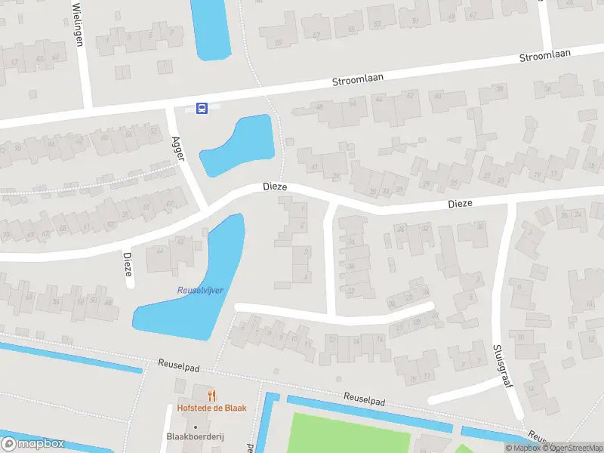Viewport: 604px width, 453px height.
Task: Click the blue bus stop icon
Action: pyautogui.click(x=202, y=109)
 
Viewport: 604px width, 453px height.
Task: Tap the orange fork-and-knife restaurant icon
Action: pyautogui.click(x=211, y=396)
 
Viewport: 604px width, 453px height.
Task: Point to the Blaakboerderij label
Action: pyautogui.click(x=196, y=437)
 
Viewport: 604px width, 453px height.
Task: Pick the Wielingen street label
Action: pyautogui.click(x=77, y=23)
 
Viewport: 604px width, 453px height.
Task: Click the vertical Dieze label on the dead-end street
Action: pyautogui.click(x=128, y=267)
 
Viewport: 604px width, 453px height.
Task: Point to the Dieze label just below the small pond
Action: pyautogui.click(x=275, y=186)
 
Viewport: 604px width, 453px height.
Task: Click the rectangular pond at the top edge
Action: pyautogui.click(x=210, y=29)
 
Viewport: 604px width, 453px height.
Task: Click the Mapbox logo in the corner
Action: pyautogui.click(x=33, y=444)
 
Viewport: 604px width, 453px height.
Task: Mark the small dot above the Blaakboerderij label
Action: pyautogui.click(x=196, y=426)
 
